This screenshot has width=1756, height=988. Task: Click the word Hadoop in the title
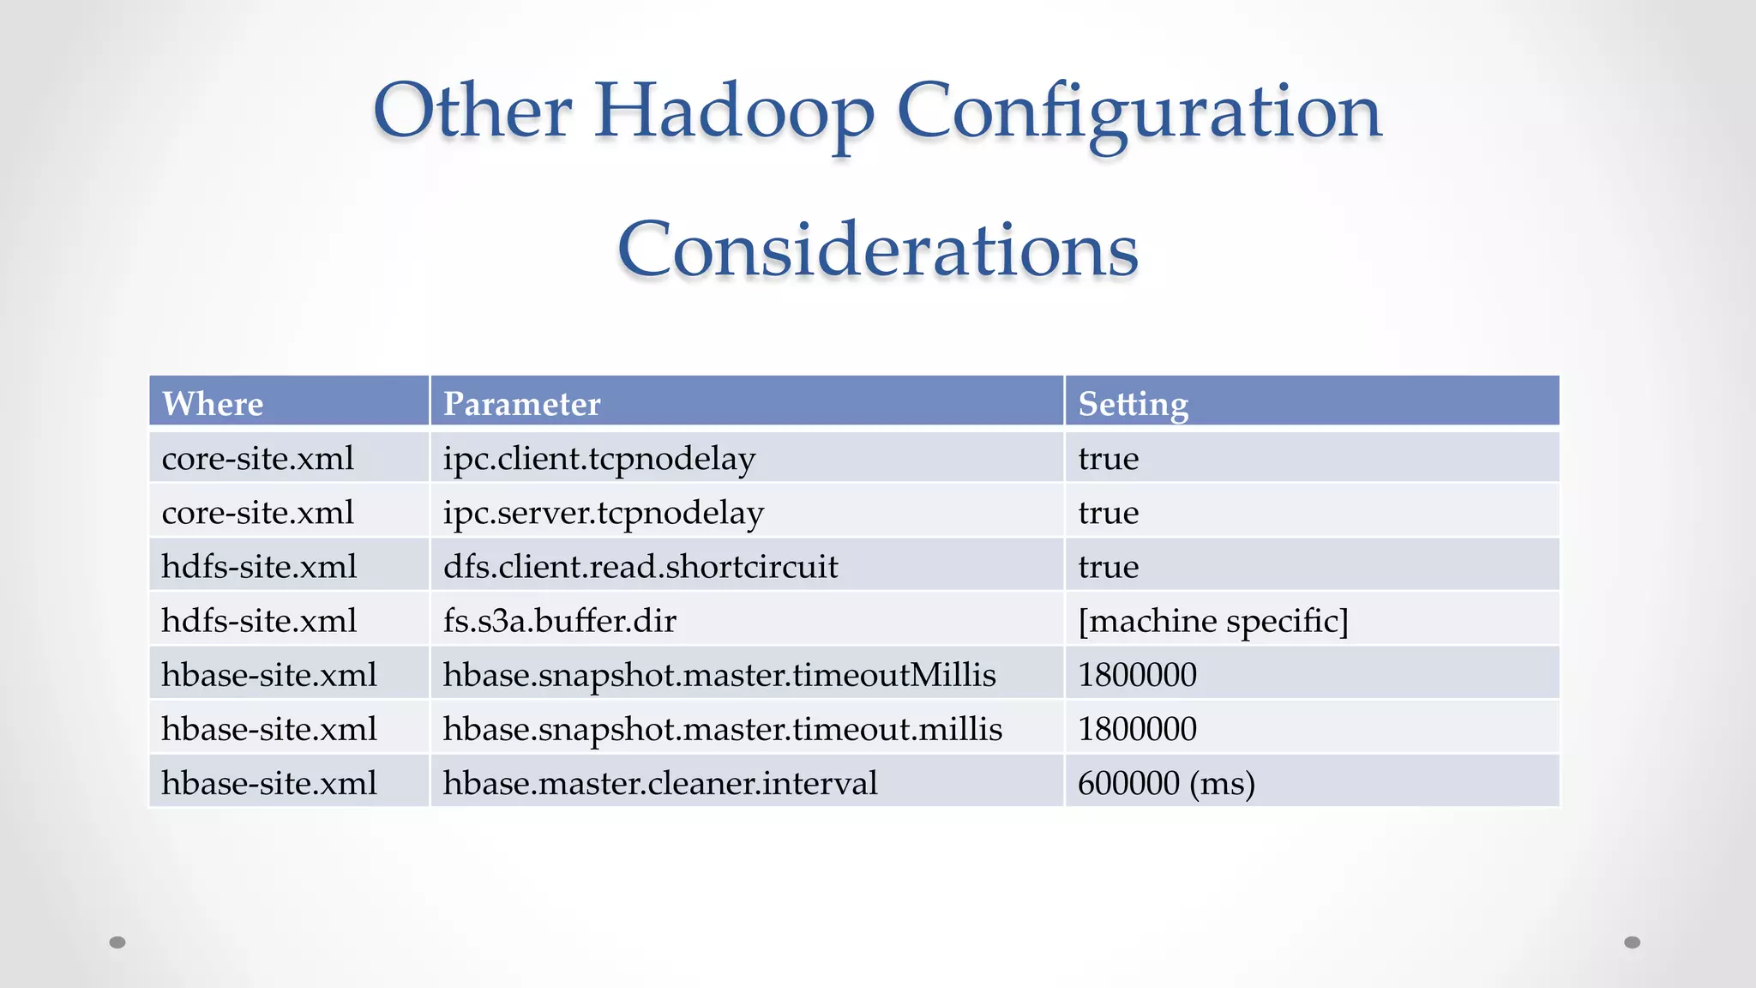[x=734, y=111]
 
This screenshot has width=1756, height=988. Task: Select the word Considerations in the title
[x=877, y=250]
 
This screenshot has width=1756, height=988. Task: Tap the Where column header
[x=213, y=403]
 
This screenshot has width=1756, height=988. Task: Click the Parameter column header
[x=521, y=403]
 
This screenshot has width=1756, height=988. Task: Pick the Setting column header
[x=1133, y=403]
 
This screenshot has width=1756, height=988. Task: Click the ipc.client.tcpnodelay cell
[x=598, y=459]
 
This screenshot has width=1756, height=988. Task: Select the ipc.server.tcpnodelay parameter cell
[x=603, y=513]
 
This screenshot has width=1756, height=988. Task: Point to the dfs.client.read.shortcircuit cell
[x=640, y=567]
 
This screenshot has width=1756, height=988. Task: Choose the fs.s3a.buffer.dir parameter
[x=559, y=621]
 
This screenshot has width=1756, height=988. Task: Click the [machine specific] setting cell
[x=1212, y=621]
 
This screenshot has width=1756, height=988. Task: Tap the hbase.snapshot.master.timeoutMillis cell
[x=719, y=675]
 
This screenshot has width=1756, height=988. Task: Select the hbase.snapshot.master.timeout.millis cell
[x=722, y=729]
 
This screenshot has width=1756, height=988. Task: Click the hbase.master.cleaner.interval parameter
[x=659, y=783]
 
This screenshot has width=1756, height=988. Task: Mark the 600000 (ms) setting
[x=1165, y=783]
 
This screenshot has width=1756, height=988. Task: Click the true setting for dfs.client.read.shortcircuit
[x=1108, y=567]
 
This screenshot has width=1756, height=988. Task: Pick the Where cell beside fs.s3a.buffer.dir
[x=259, y=621]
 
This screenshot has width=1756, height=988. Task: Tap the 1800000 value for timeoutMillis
[x=1137, y=675]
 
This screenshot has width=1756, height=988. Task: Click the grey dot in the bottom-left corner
[x=117, y=943]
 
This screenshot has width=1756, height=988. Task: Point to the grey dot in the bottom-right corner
[x=1632, y=943]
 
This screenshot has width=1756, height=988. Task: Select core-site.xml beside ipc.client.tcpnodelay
[x=257, y=459]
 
